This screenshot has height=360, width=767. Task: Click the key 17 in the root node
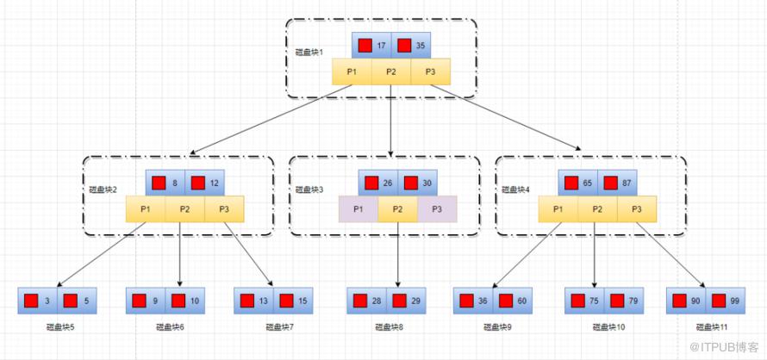[381, 46]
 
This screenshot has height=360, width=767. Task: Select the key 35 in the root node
[420, 46]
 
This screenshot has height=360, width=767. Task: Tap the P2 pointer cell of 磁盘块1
[391, 71]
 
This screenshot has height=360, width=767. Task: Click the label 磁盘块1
[309, 53]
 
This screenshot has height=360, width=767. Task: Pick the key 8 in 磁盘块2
[175, 183]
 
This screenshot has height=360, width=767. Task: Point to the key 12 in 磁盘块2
[214, 183]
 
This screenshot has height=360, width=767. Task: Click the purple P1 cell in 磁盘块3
[359, 209]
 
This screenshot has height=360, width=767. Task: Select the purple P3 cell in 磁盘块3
[437, 209]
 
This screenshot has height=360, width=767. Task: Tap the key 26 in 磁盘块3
[388, 183]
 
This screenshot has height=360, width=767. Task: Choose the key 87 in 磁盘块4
[627, 183]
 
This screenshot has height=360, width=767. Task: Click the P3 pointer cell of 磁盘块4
[636, 209]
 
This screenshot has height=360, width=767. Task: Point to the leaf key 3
[47, 301]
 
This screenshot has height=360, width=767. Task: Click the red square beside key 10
[176, 301]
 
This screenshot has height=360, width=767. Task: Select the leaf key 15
[302, 301]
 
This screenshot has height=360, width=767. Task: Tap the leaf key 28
[377, 301]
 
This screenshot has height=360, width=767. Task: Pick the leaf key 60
[522, 301]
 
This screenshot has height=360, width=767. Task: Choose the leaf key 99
[734, 301]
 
